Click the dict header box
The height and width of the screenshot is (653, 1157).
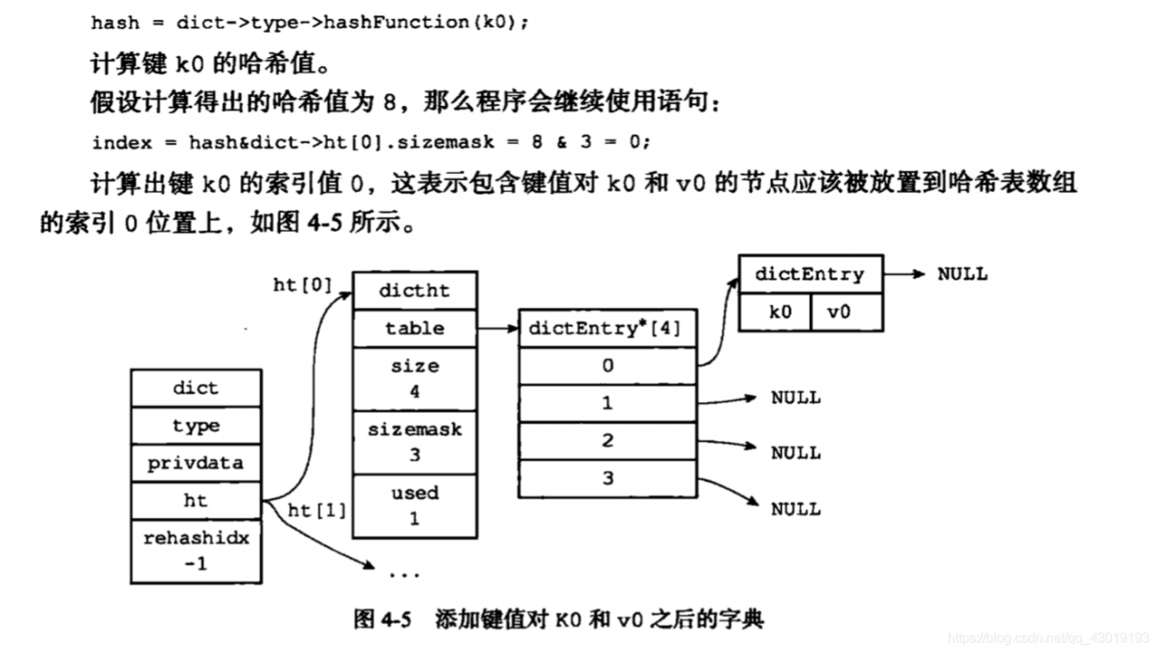tap(195, 388)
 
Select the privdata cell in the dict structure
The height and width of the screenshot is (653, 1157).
tap(195, 463)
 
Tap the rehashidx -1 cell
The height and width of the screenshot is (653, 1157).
tap(195, 550)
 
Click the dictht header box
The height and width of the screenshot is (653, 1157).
tap(414, 290)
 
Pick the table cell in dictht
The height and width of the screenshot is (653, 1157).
tap(414, 328)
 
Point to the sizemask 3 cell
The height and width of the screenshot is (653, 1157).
tap(414, 441)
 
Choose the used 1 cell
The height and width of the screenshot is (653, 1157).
tap(414, 505)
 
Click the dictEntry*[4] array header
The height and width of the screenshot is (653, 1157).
tap(607, 328)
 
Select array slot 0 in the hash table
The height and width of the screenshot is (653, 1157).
tap(607, 365)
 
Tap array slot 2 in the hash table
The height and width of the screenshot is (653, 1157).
tap(607, 440)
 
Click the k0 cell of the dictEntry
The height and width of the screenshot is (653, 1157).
tap(774, 312)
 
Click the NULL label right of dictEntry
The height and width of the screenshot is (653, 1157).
tap(963, 274)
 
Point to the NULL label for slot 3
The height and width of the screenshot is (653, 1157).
tap(795, 509)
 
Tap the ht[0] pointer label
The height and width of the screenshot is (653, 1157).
tap(302, 285)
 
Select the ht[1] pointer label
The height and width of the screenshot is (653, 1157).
tap(316, 511)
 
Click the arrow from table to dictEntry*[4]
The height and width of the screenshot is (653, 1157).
tap(497, 328)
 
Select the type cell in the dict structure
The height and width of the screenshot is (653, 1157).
tap(195, 426)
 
